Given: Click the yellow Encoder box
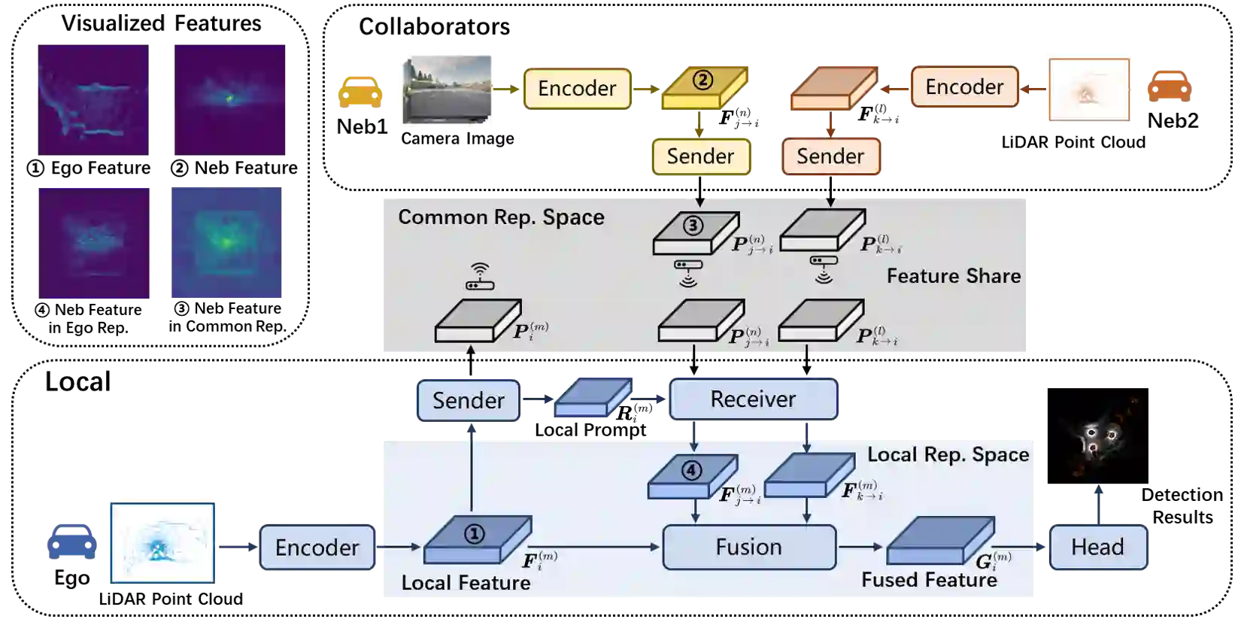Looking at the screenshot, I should [x=577, y=89].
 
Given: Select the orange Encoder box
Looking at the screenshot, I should [x=964, y=87].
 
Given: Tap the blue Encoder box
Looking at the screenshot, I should [x=317, y=548].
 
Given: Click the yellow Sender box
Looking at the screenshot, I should [x=700, y=156].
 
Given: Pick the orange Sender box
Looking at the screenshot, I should [x=830, y=156].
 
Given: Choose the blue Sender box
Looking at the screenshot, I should [x=468, y=400].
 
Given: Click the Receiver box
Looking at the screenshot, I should [x=753, y=399].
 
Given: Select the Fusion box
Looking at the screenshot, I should [x=748, y=547].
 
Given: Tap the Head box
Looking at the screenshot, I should [x=1097, y=547].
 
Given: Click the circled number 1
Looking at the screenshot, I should [x=474, y=533].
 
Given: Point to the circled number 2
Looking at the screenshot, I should [x=702, y=79].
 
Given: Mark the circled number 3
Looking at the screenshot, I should [x=692, y=225].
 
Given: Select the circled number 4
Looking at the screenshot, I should [x=690, y=471].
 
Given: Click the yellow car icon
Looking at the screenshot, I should [x=360, y=91].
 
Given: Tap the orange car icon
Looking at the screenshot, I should [x=1169, y=85].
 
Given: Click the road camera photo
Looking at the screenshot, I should [x=445, y=87].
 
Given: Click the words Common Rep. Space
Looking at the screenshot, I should [x=501, y=217].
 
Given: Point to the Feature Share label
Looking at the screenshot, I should [x=953, y=276].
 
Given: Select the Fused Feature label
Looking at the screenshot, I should [x=929, y=580].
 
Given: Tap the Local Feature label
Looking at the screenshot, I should [x=466, y=583].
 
